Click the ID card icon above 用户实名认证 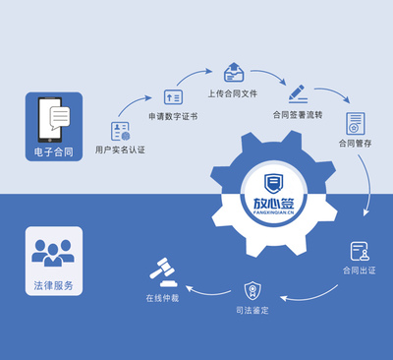(121, 130)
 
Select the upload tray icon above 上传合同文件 (233, 72)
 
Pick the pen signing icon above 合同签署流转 (297, 93)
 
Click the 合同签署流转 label (297, 114)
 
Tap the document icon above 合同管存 (355, 123)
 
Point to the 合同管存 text (355, 145)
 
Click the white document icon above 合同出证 (360, 251)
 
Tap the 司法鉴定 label (253, 310)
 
